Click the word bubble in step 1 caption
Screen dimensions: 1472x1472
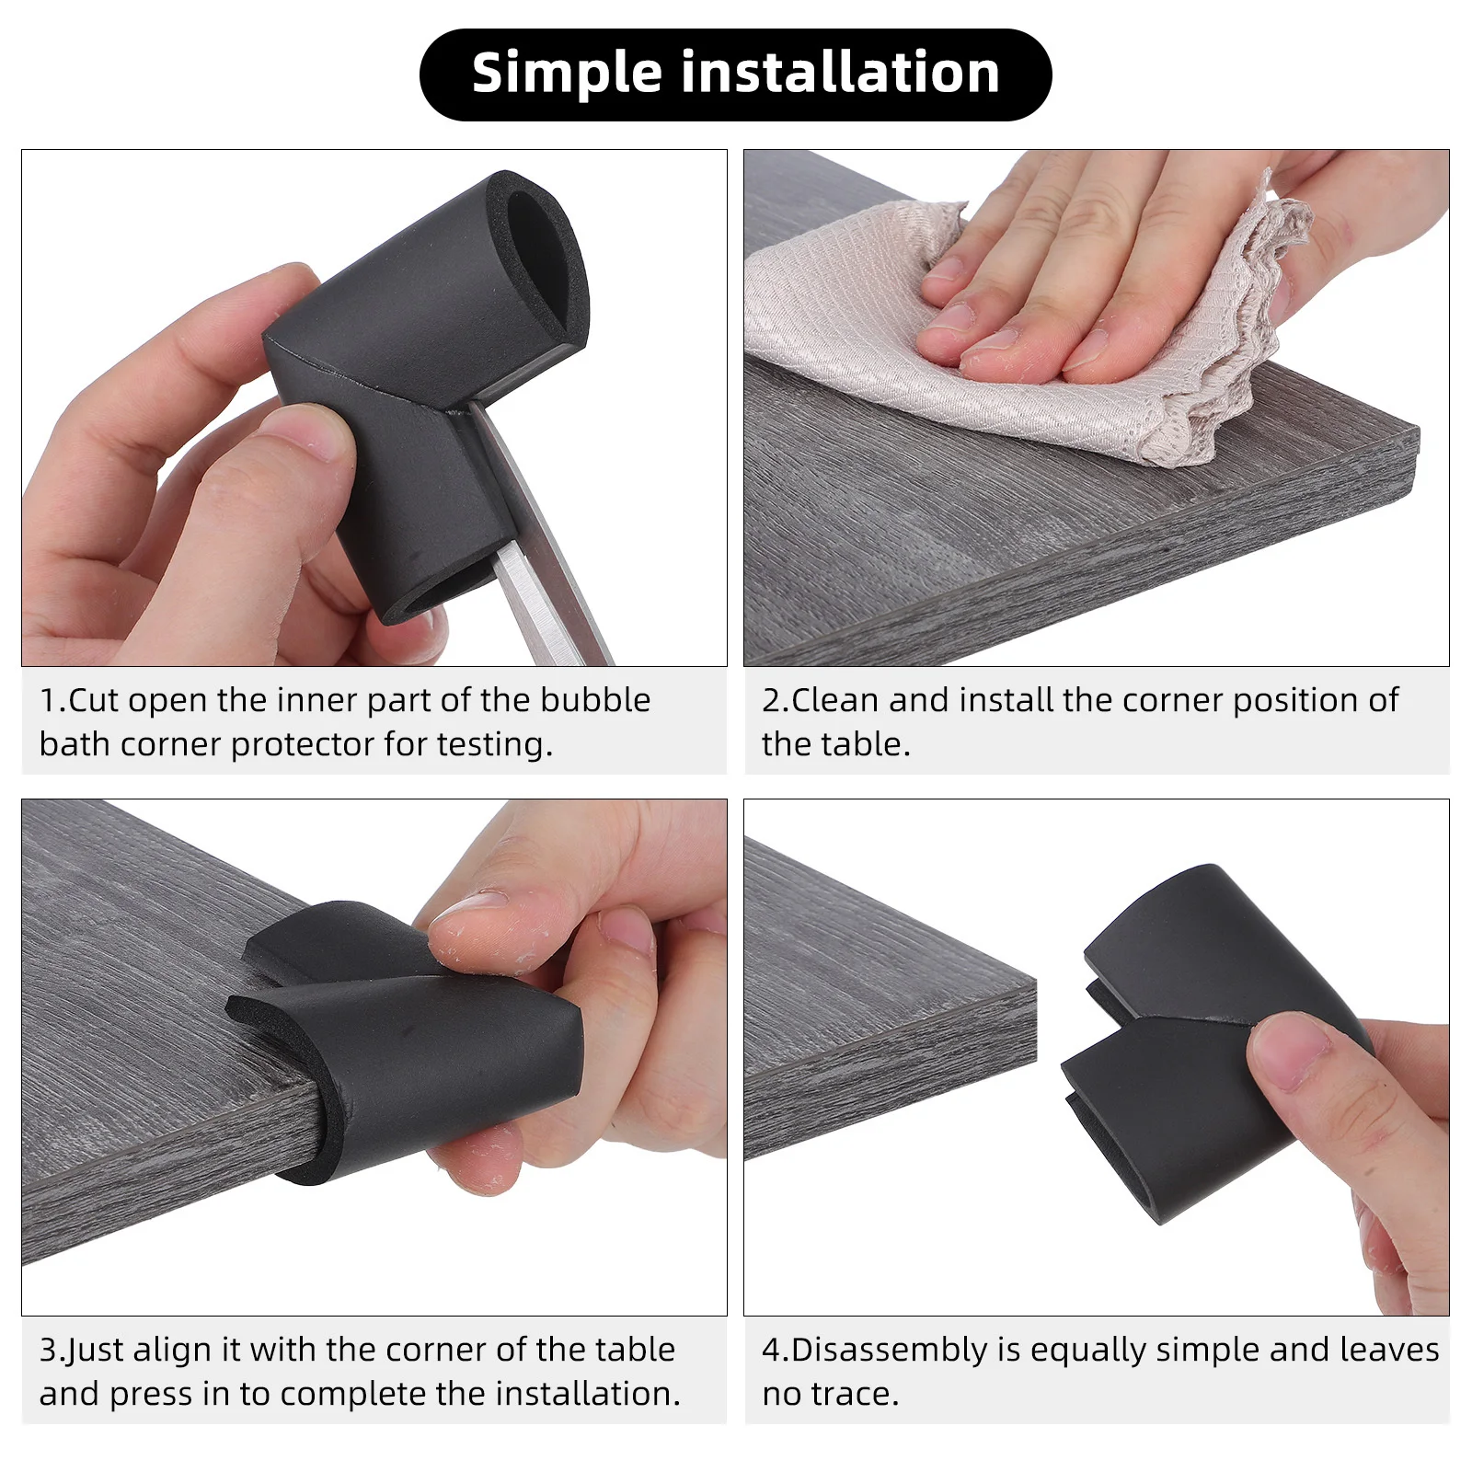pyautogui.click(x=595, y=700)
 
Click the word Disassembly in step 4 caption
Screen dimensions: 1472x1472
pyautogui.click(x=889, y=1350)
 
